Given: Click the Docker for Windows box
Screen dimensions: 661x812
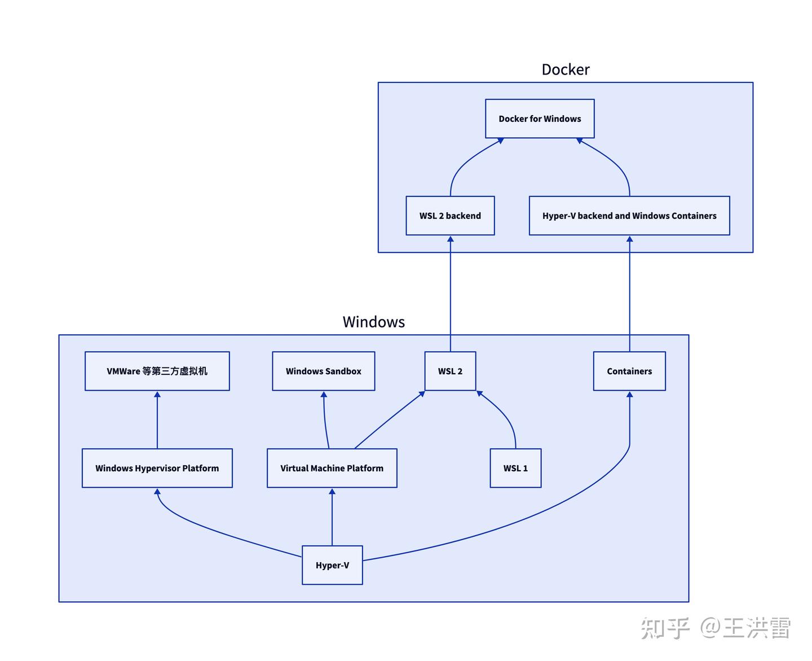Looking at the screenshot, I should (x=540, y=119).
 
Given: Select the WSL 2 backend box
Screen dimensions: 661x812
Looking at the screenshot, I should (x=450, y=216).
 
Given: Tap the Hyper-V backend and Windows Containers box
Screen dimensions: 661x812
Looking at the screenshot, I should (x=629, y=216).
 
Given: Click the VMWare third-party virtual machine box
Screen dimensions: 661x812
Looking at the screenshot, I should (x=157, y=371).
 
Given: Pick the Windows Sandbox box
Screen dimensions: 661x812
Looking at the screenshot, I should (x=323, y=371).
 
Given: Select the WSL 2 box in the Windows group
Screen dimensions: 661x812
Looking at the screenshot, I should (x=450, y=371).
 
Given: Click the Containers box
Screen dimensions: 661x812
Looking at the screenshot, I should (x=629, y=371).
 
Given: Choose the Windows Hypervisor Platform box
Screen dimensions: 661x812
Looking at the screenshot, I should (x=157, y=468).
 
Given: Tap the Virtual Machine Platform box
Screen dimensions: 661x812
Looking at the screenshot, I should (x=332, y=468).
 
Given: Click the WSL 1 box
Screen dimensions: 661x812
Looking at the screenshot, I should (x=515, y=468).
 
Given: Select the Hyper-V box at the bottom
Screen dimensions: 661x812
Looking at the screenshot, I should (x=332, y=565).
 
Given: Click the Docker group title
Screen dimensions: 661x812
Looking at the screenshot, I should (x=565, y=69).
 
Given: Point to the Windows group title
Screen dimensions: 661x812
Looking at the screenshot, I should (x=373, y=322).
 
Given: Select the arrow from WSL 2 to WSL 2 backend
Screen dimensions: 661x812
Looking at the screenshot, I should (x=450, y=294).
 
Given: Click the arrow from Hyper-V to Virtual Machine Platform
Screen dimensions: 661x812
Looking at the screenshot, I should (x=332, y=516).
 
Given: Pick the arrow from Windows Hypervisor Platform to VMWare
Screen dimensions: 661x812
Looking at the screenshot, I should (x=157, y=420).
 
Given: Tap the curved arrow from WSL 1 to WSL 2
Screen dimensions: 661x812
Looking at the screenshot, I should (x=505, y=415).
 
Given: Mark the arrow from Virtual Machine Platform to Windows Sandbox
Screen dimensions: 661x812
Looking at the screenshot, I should (x=325, y=421).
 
